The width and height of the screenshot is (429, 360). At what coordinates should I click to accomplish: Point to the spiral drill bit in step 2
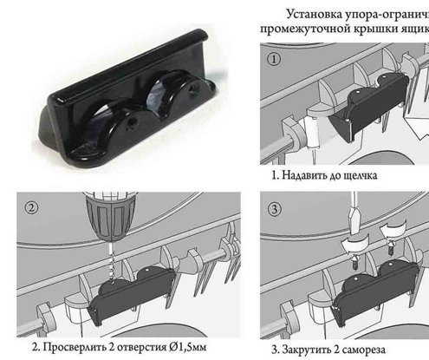pos(108,260)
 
